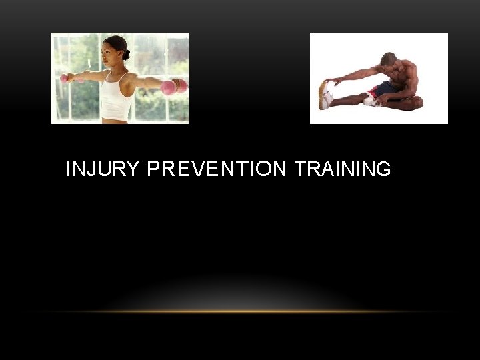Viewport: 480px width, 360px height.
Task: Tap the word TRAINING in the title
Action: tap(342, 170)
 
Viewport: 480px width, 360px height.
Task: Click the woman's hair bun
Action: tap(127, 54)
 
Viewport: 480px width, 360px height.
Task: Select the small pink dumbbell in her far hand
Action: tap(64, 78)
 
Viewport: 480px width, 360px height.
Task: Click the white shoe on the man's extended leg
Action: tap(325, 96)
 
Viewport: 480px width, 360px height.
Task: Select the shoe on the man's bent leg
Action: tap(371, 101)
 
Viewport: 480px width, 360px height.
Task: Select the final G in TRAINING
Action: tap(383, 170)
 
